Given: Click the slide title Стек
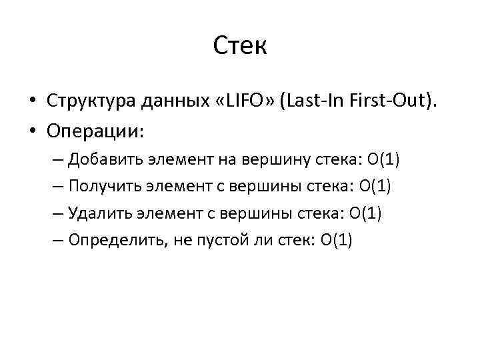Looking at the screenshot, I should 240,46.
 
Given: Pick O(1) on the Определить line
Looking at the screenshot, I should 336,239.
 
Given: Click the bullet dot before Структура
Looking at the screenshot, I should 32,101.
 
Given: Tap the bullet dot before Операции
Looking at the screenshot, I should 32,131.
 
